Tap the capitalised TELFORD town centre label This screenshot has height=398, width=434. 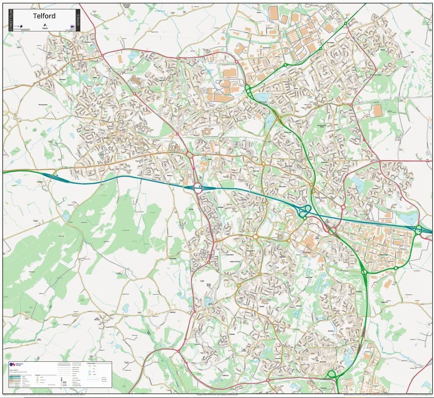coord(307,253)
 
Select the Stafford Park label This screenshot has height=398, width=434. coord(383,253)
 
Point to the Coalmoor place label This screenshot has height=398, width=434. coord(171,312)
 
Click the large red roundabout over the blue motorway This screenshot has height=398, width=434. coord(198,188)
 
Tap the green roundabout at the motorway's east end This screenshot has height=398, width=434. coord(418,230)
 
